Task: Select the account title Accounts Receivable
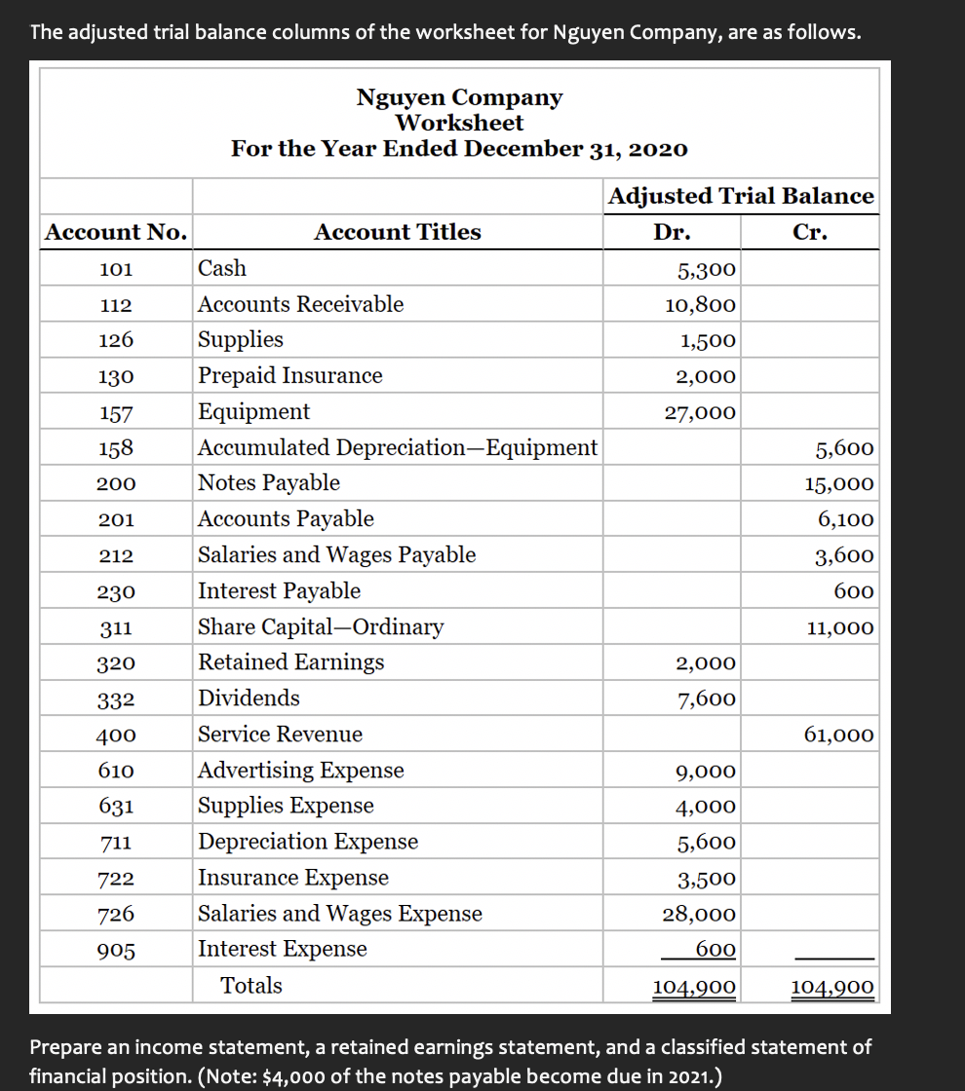tap(300, 304)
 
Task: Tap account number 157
tap(116, 413)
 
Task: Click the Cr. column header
tap(810, 233)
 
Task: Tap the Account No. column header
tap(116, 233)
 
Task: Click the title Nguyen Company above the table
tap(459, 97)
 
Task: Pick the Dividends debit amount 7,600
tap(707, 699)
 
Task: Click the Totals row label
tap(251, 985)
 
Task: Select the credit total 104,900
tap(832, 988)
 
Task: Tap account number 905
tap(116, 951)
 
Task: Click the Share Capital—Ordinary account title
tap(321, 626)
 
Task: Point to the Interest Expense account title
tap(283, 949)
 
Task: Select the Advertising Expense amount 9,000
tap(707, 771)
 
